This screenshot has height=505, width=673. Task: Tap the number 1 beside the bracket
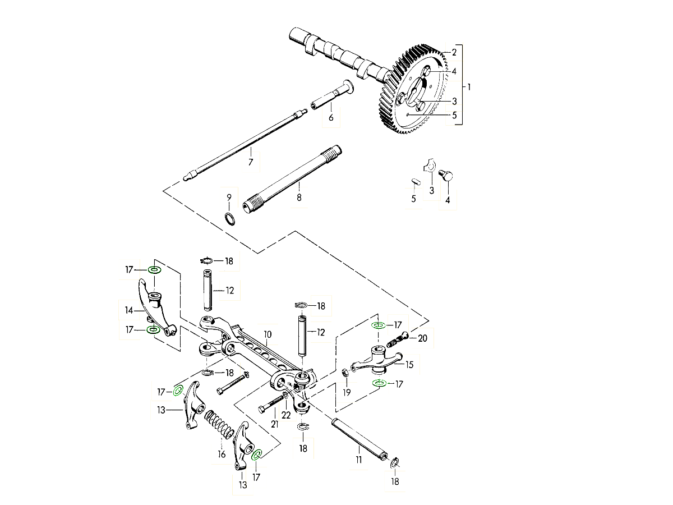click(469, 87)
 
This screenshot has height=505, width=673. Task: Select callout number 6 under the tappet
click(331, 117)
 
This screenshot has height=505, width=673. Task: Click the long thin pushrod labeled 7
click(247, 140)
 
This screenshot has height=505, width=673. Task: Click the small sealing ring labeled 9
click(230, 218)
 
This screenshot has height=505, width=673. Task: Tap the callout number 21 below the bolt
click(275, 424)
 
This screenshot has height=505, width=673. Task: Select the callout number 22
click(286, 415)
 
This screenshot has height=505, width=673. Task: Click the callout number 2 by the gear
click(454, 52)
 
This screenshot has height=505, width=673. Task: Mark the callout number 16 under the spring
click(222, 454)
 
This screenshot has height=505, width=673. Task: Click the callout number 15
click(409, 365)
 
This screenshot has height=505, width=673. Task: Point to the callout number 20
click(422, 338)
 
